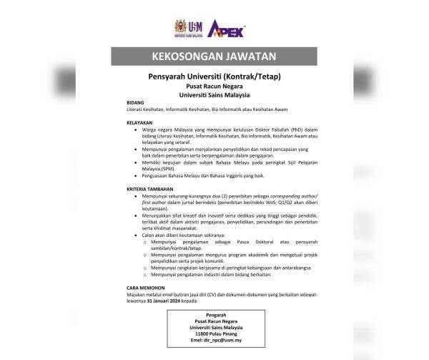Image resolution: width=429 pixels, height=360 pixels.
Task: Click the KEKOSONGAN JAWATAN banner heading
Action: click(x=214, y=57)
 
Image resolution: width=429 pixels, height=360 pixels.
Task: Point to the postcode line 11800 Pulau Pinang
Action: click(x=214, y=334)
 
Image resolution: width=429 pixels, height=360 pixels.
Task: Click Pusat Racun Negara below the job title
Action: click(x=214, y=85)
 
